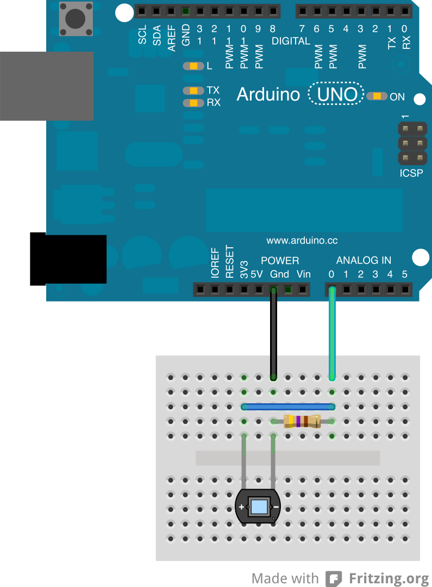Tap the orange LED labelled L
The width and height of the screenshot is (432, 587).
[x=193, y=66]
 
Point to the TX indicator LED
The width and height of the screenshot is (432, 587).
[x=193, y=91]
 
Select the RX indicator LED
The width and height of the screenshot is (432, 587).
[x=193, y=102]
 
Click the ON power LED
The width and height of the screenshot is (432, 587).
[x=377, y=96]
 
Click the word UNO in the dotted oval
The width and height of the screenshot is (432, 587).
[x=336, y=95]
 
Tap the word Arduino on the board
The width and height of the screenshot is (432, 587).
[x=268, y=95]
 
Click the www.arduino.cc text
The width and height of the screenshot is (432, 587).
[x=302, y=240]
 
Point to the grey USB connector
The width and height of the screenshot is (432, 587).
[x=46, y=86]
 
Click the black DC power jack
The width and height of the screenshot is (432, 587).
[x=68, y=259]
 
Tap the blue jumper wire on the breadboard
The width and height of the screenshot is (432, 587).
[x=288, y=407]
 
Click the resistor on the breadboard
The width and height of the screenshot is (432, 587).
[x=302, y=421]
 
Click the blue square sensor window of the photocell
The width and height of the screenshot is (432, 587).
[x=259, y=507]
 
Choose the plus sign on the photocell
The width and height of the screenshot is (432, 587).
[x=241, y=507]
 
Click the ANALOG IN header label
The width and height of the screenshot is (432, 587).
[x=363, y=260]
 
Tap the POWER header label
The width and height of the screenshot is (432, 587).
[x=280, y=260]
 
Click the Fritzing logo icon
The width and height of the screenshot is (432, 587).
[x=334, y=578]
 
